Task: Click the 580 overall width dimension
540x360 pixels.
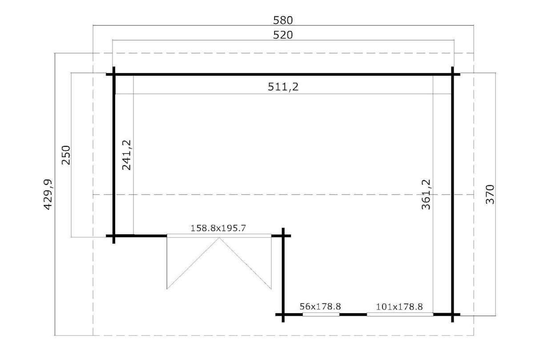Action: point(283,20)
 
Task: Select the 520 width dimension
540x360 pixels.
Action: point(283,35)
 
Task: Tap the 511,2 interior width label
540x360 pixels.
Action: point(283,87)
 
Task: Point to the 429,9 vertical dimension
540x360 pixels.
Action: point(48,194)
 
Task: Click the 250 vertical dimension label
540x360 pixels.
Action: point(66,155)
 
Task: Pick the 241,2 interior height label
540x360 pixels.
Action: point(127,155)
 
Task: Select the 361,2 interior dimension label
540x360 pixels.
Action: point(426,194)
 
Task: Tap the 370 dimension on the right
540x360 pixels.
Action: point(490,194)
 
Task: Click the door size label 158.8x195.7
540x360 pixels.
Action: point(218,228)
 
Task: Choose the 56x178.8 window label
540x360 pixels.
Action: point(320,307)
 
